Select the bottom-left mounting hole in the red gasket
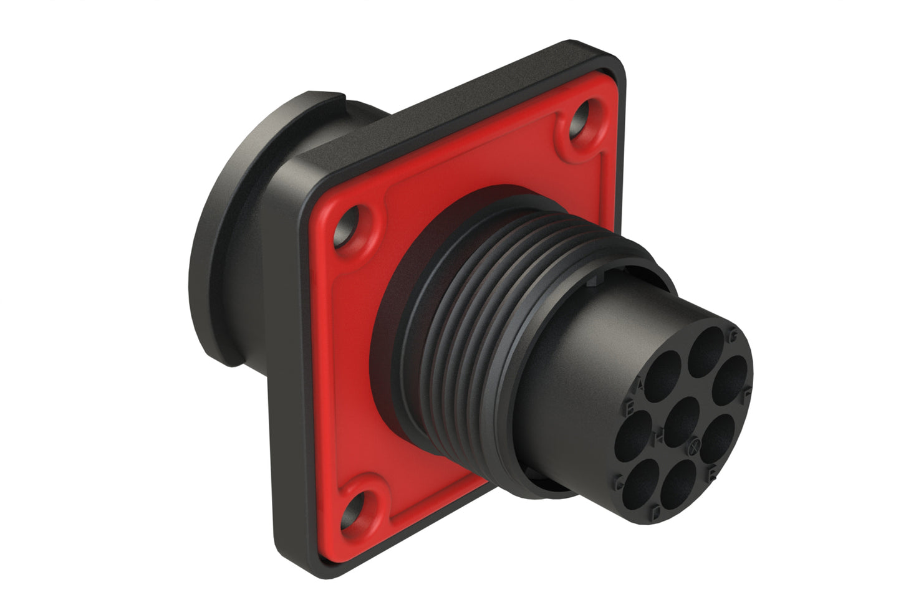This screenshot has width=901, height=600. coord(358,507)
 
